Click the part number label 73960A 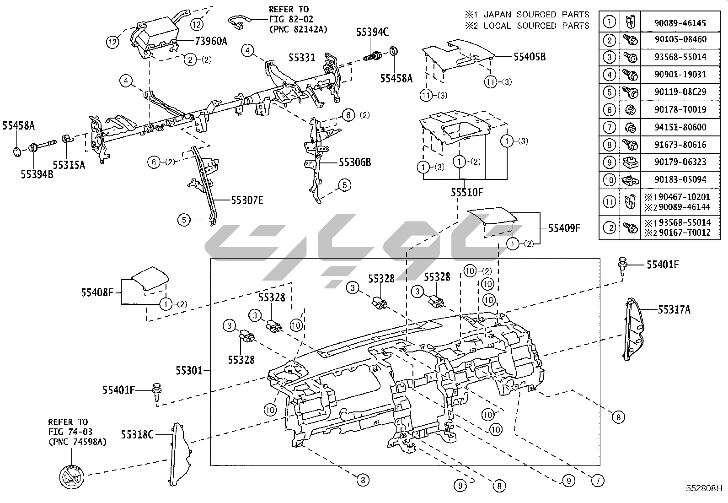[x=211, y=41]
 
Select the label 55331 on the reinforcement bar [x=301, y=58]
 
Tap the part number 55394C [x=372, y=32]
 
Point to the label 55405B [x=529, y=57]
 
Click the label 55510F [x=467, y=192]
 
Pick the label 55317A [x=674, y=310]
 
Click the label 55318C [x=137, y=434]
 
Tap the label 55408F [x=97, y=292]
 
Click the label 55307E [x=247, y=200]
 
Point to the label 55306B [x=355, y=162]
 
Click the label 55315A [x=69, y=165]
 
